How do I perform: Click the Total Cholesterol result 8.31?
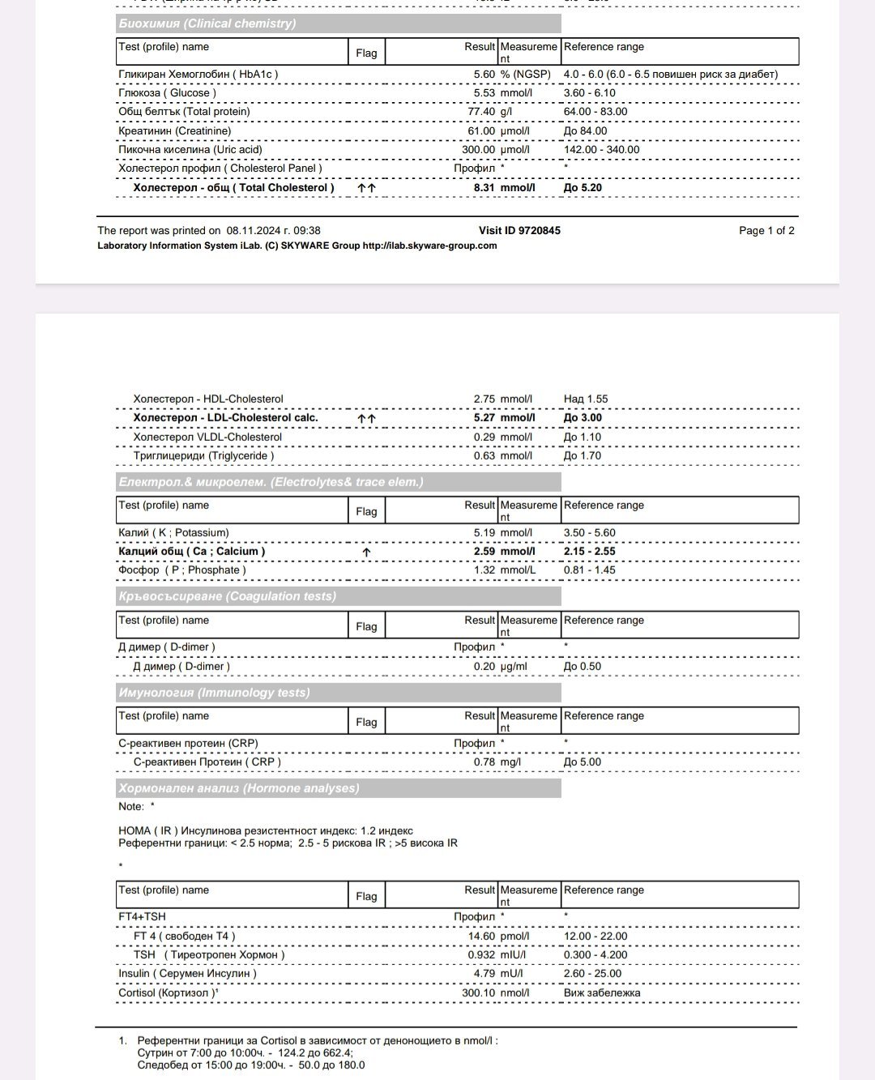[x=484, y=188]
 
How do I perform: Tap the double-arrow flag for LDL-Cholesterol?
[x=366, y=418]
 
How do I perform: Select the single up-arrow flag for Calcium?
[x=366, y=552]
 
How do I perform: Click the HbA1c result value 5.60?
[x=484, y=75]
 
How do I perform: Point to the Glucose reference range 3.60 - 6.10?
[x=590, y=93]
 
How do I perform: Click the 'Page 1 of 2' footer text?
[x=766, y=231]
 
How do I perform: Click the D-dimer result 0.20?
[x=484, y=667]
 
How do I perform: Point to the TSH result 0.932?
[x=482, y=955]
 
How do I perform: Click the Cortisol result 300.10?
[x=479, y=993]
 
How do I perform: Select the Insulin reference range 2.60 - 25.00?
[x=593, y=974]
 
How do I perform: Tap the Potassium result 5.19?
[x=484, y=533]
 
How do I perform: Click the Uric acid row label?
[x=190, y=150]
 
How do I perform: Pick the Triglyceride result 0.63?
[x=484, y=456]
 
